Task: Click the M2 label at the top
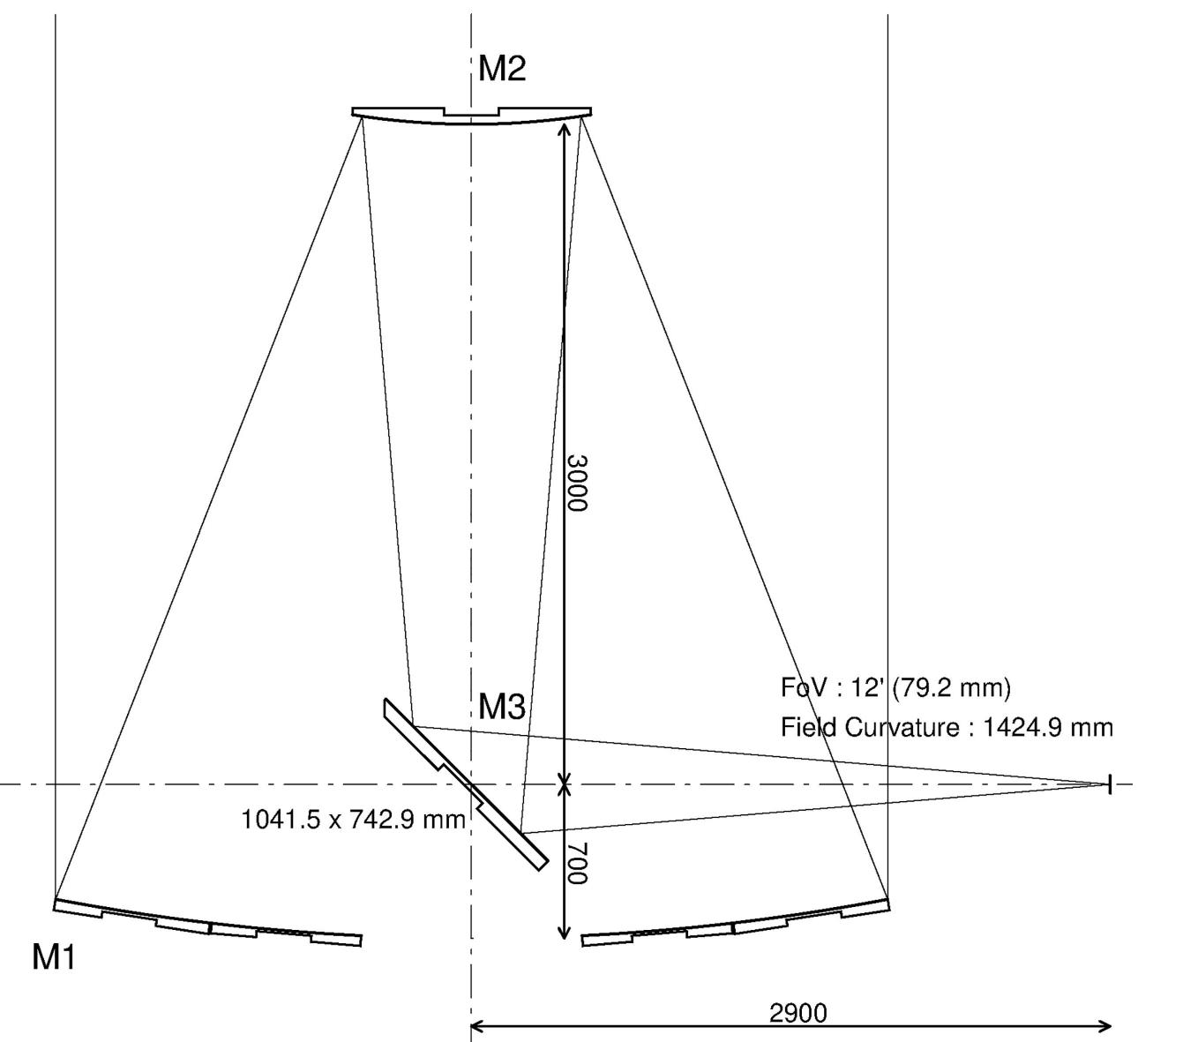click(502, 69)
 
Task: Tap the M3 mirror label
click(502, 707)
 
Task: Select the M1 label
click(54, 956)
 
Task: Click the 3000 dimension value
click(577, 483)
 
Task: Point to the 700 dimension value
click(577, 863)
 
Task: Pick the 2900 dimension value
click(798, 1013)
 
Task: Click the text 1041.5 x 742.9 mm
click(353, 820)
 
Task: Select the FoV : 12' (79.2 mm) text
click(895, 687)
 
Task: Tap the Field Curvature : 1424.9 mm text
click(947, 728)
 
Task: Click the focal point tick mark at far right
click(1109, 783)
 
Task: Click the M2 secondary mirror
click(471, 116)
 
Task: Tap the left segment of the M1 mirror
click(207, 923)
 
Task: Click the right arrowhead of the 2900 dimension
click(1106, 1025)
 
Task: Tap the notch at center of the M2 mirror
click(472, 112)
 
